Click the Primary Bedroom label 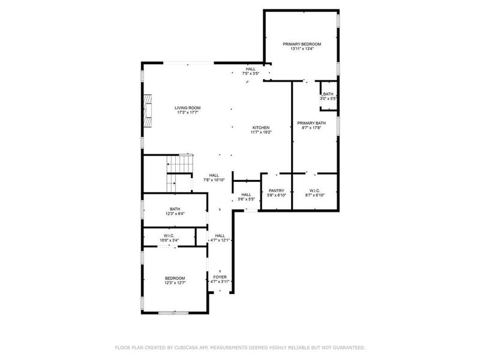tap(302, 44)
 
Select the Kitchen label tap(261, 127)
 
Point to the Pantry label tap(277, 191)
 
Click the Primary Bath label tap(312, 123)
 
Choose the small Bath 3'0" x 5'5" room tap(328, 96)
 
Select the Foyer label tap(220, 277)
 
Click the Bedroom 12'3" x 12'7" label tap(175, 278)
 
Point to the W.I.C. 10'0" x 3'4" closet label tap(169, 236)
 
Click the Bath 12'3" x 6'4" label tap(175, 209)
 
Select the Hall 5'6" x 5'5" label tap(247, 194)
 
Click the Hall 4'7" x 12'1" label tap(220, 236)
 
